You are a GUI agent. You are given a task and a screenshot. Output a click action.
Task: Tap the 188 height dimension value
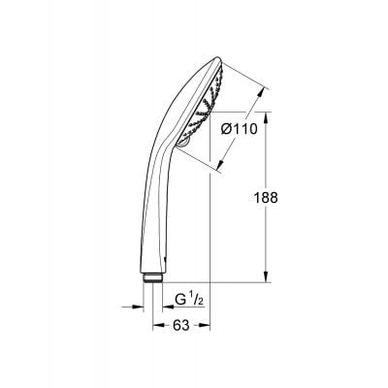[267, 196]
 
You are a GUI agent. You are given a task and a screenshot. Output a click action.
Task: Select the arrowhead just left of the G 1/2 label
[166, 307]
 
